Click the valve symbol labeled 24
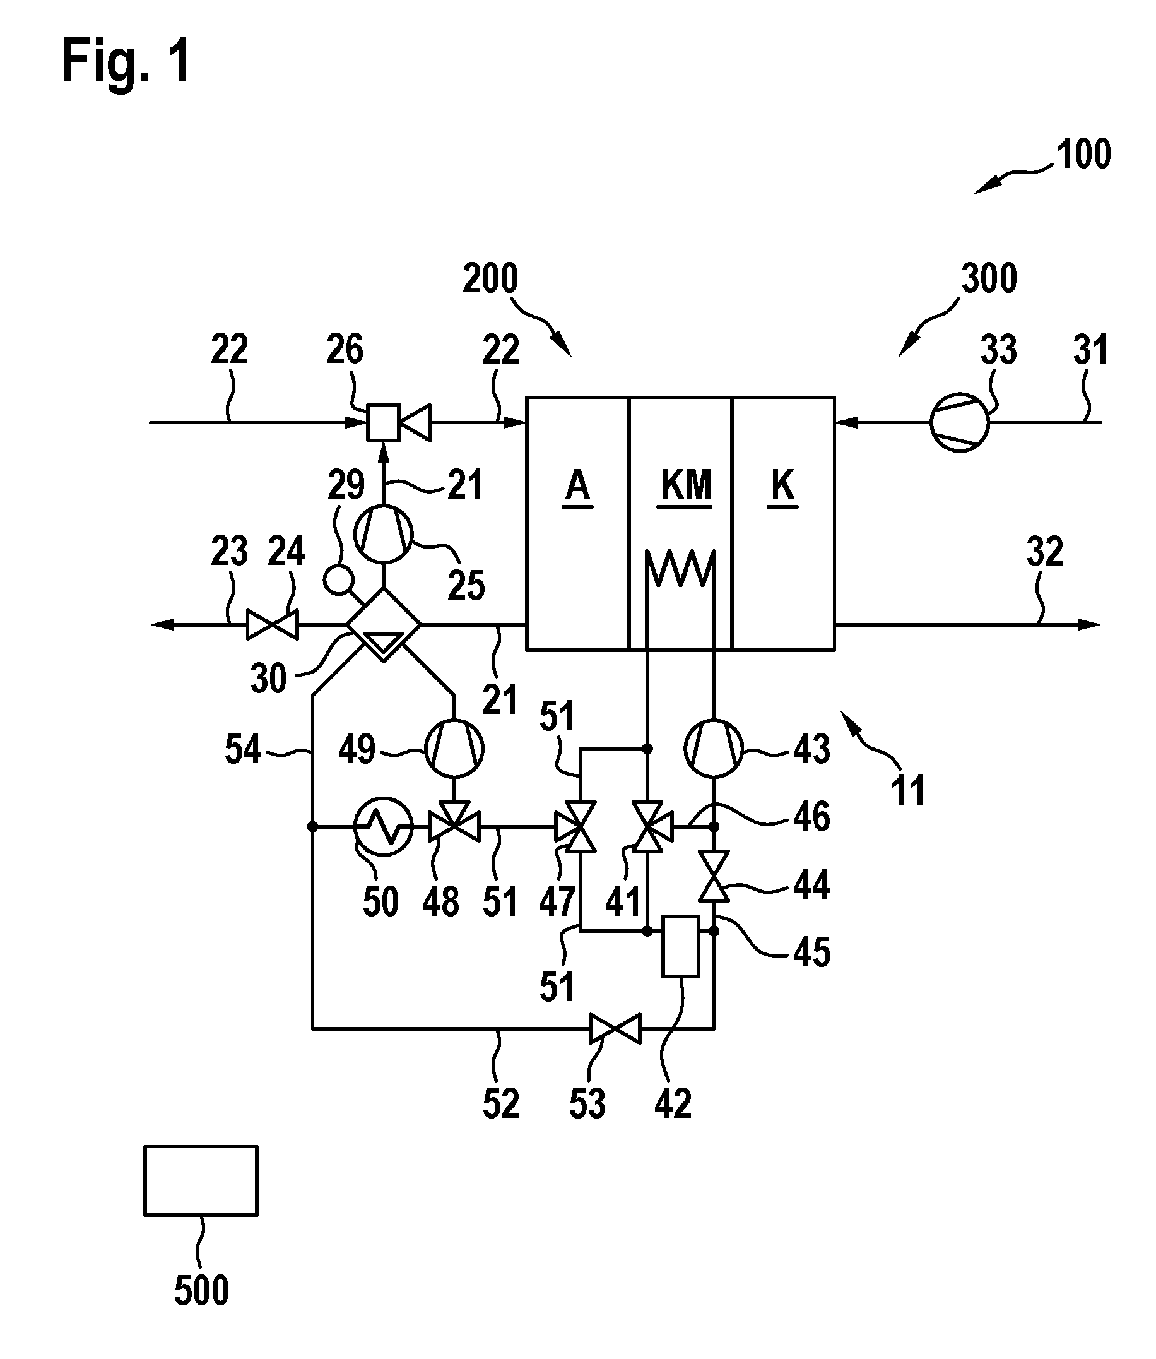pyautogui.click(x=272, y=625)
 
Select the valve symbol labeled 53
pyautogui.click(x=615, y=1029)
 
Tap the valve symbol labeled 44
pyautogui.click(x=714, y=877)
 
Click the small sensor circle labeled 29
pyautogui.click(x=339, y=580)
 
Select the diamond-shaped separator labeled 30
pyautogui.click(x=384, y=625)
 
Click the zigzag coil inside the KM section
pyautogui.click(x=680, y=567)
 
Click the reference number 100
pyautogui.click(x=1083, y=154)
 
